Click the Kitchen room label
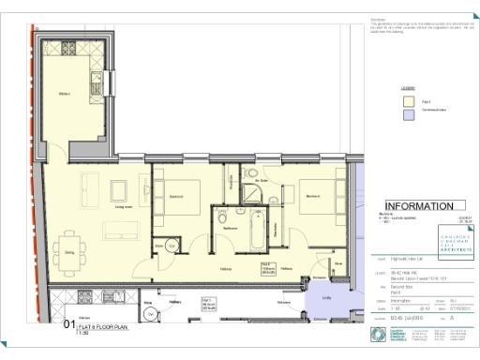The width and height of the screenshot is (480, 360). click(65, 94)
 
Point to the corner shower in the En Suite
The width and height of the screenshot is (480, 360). click(252, 192)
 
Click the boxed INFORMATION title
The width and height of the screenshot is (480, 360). click(420, 206)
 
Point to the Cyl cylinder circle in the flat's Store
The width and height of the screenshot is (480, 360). click(172, 245)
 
